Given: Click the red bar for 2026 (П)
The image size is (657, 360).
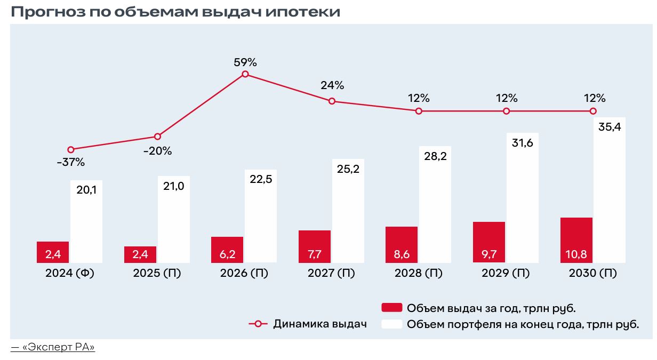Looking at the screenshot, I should coord(227,250).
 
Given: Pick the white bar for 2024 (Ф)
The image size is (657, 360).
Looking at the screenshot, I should coord(86,224).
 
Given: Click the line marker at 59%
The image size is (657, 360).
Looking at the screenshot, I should coord(245,74).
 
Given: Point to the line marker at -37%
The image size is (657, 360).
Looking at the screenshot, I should coord(71,149).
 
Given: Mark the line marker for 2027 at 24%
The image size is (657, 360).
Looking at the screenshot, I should coord(332,101).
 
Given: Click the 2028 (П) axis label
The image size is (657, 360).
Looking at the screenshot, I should coord(419,274).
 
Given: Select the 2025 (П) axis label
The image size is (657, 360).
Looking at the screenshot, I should coord(156,274).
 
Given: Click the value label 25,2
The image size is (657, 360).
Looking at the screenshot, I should coord(348,169).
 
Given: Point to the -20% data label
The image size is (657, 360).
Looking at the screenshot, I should coord(157,151).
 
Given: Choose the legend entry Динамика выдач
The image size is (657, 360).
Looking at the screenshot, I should coord(320,324).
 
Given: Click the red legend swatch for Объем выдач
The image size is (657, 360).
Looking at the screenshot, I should coord(391,308).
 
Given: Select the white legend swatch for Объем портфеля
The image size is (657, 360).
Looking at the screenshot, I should coord(391,324).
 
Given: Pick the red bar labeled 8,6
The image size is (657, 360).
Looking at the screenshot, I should coord(402,245).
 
